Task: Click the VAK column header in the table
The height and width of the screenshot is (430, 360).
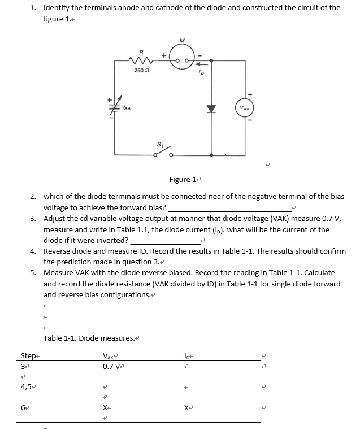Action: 109,355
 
